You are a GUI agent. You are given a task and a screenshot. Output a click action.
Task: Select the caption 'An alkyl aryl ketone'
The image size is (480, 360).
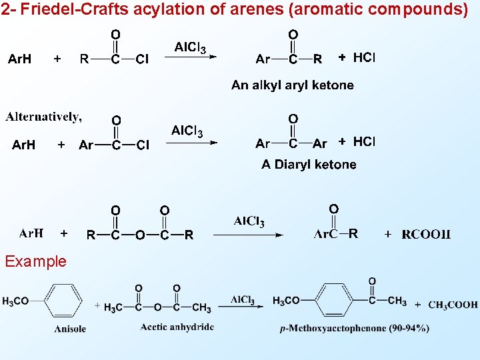pyautogui.click(x=292, y=85)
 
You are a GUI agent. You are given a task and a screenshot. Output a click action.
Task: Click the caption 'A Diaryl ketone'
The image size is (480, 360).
pyautogui.click(x=309, y=164)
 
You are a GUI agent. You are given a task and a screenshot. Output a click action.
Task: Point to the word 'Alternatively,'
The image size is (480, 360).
pyautogui.click(x=44, y=117)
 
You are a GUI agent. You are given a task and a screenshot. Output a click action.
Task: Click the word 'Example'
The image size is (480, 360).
pyautogui.click(x=35, y=261)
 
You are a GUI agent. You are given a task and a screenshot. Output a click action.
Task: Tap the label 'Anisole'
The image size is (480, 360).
pyautogui.click(x=70, y=328)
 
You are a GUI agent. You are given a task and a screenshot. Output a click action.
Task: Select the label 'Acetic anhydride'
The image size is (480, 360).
pyautogui.click(x=177, y=327)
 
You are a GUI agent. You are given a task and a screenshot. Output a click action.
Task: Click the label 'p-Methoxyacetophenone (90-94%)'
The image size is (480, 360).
pyautogui.click(x=354, y=328)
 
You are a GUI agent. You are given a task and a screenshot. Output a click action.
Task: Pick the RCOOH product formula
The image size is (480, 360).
pyautogui.click(x=426, y=234)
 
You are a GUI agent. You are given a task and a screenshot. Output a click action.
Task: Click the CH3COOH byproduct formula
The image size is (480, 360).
pyautogui.click(x=453, y=305)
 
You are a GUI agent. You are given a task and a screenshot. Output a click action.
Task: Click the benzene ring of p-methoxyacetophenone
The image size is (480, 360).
pyautogui.click(x=337, y=301)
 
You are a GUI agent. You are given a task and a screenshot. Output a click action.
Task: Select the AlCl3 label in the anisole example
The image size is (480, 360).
pyautogui.click(x=243, y=301)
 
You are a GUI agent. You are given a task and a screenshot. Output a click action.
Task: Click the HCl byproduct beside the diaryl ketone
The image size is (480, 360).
pyautogui.click(x=364, y=141)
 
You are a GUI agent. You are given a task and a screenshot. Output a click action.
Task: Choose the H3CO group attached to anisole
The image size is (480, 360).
pyautogui.click(x=15, y=301)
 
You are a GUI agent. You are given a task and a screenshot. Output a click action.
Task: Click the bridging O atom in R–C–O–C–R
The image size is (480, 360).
pyautogui.click(x=140, y=235)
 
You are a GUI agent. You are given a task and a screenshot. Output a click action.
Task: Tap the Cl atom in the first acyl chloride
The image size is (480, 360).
pyautogui.click(x=142, y=59)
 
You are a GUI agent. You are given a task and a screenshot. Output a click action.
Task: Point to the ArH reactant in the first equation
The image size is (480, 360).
pyautogui.click(x=19, y=59)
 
